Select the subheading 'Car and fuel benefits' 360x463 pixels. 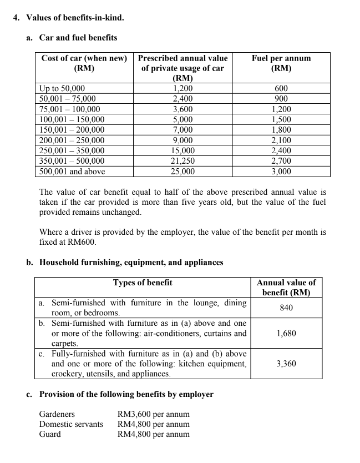pyautogui.click(x=78, y=38)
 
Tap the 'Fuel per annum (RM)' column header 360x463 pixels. pyautogui.click(x=281, y=63)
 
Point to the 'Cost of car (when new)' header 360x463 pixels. pyautogui.click(x=84, y=58)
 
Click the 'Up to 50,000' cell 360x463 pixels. pyautogui.click(x=62, y=88)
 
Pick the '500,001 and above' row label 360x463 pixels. pyautogui.click(x=72, y=172)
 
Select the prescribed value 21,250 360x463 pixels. pyautogui.click(x=183, y=161)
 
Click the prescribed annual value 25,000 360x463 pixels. pyautogui.click(x=183, y=172)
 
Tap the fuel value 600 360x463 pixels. pyautogui.click(x=281, y=88)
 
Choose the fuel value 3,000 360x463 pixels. pyautogui.click(x=281, y=172)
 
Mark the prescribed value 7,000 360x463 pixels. pyautogui.click(x=183, y=130)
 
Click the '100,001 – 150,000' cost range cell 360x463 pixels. pyautogui.click(x=72, y=119)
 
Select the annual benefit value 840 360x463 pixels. pyautogui.click(x=286, y=308)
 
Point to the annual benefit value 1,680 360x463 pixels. pyautogui.click(x=286, y=333)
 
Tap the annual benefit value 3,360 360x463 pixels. pyautogui.click(x=286, y=364)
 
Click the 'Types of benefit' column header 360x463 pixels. pyautogui.click(x=143, y=283)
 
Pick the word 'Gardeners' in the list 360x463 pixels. pyautogui.click(x=57, y=414)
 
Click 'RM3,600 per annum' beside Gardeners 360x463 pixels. pyautogui.click(x=154, y=414)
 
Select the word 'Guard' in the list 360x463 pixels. pyautogui.click(x=50, y=434)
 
